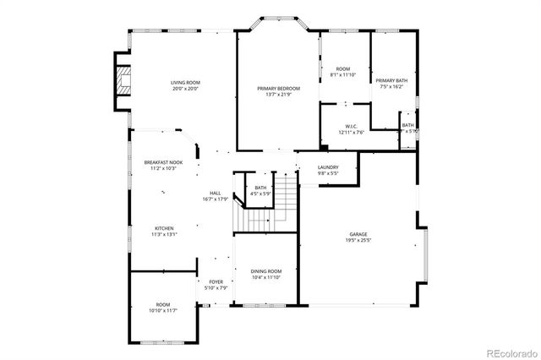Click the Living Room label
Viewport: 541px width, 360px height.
tap(185, 82)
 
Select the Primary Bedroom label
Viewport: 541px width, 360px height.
tap(278, 88)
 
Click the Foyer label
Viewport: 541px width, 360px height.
tap(216, 282)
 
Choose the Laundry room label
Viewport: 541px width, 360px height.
tap(328, 167)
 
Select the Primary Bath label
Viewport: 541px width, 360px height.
tap(391, 80)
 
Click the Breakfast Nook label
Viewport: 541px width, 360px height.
tap(162, 161)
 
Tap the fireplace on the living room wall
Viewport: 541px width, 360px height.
tap(123, 81)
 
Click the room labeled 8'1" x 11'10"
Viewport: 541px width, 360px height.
tap(342, 72)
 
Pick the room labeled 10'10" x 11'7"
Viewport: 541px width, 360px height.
tap(162, 308)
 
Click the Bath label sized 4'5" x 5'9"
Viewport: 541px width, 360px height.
tap(260, 190)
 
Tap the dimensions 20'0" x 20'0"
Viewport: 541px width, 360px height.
tap(185, 89)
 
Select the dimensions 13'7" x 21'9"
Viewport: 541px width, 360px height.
tap(278, 94)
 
